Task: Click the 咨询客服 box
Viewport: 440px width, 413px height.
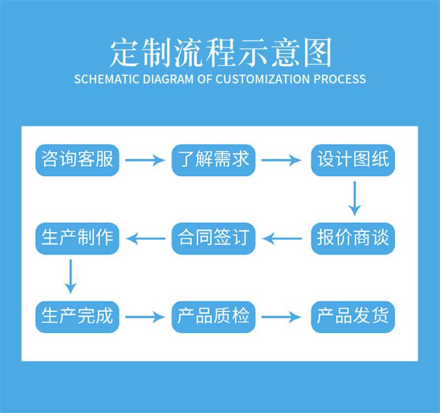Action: tap(77, 160)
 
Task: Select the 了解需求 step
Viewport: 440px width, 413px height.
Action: tap(213, 160)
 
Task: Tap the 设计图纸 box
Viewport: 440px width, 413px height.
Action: tap(353, 160)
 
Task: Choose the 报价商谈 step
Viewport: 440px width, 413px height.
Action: tap(353, 239)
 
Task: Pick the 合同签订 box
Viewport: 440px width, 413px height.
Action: tap(213, 239)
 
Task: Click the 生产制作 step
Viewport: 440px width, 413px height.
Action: tap(77, 239)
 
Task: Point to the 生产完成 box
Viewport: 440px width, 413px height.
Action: tap(77, 317)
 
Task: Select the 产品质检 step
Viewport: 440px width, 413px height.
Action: tap(213, 317)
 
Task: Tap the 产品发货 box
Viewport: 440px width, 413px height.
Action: tap(353, 317)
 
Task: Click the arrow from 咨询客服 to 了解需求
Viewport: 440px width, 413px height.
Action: tap(145, 160)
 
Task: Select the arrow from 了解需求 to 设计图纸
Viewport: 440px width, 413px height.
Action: tap(281, 160)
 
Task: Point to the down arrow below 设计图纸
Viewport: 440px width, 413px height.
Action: tap(355, 198)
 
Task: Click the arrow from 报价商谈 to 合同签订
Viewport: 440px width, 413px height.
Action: tap(282, 239)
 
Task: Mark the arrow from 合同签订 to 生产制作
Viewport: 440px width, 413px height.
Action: tap(145, 239)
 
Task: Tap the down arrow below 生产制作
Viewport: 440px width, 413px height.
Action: tap(70, 276)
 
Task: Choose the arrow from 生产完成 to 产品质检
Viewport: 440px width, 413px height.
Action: tap(145, 317)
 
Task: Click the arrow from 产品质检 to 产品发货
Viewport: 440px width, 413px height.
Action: tap(281, 317)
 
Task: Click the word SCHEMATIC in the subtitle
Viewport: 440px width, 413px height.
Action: tap(106, 79)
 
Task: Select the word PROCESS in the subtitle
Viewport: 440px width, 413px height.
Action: tap(340, 79)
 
